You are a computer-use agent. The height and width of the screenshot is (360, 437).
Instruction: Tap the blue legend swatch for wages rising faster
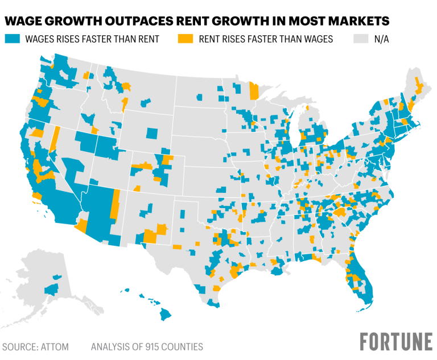tap(11, 39)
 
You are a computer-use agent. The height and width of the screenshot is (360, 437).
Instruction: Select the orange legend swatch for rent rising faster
tap(184, 39)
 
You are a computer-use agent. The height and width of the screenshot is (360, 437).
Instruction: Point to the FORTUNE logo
tap(395, 342)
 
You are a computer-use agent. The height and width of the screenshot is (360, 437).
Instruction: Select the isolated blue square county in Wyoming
tap(151, 134)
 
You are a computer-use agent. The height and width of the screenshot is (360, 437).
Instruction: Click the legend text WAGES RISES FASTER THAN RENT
tap(88, 39)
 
